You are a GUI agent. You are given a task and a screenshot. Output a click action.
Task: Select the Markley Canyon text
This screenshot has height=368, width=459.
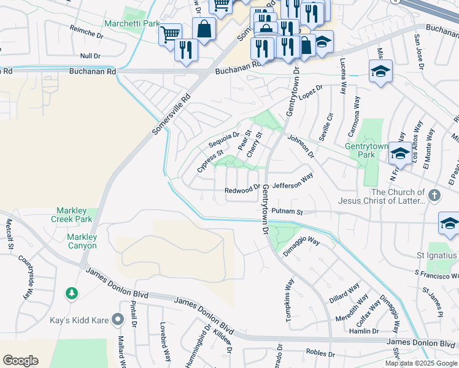(82, 241)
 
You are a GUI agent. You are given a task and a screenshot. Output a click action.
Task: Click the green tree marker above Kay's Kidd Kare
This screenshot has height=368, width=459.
(72, 294)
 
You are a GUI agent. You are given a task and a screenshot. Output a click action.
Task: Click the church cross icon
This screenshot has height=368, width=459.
(434, 196)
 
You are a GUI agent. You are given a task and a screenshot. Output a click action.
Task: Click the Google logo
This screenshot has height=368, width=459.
(20, 361)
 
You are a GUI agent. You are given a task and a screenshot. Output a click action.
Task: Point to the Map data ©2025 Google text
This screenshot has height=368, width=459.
(421, 363)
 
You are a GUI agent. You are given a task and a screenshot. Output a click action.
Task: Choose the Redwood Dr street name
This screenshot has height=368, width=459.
(243, 190)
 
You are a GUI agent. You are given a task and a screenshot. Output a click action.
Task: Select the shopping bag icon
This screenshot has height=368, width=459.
(203, 28)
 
